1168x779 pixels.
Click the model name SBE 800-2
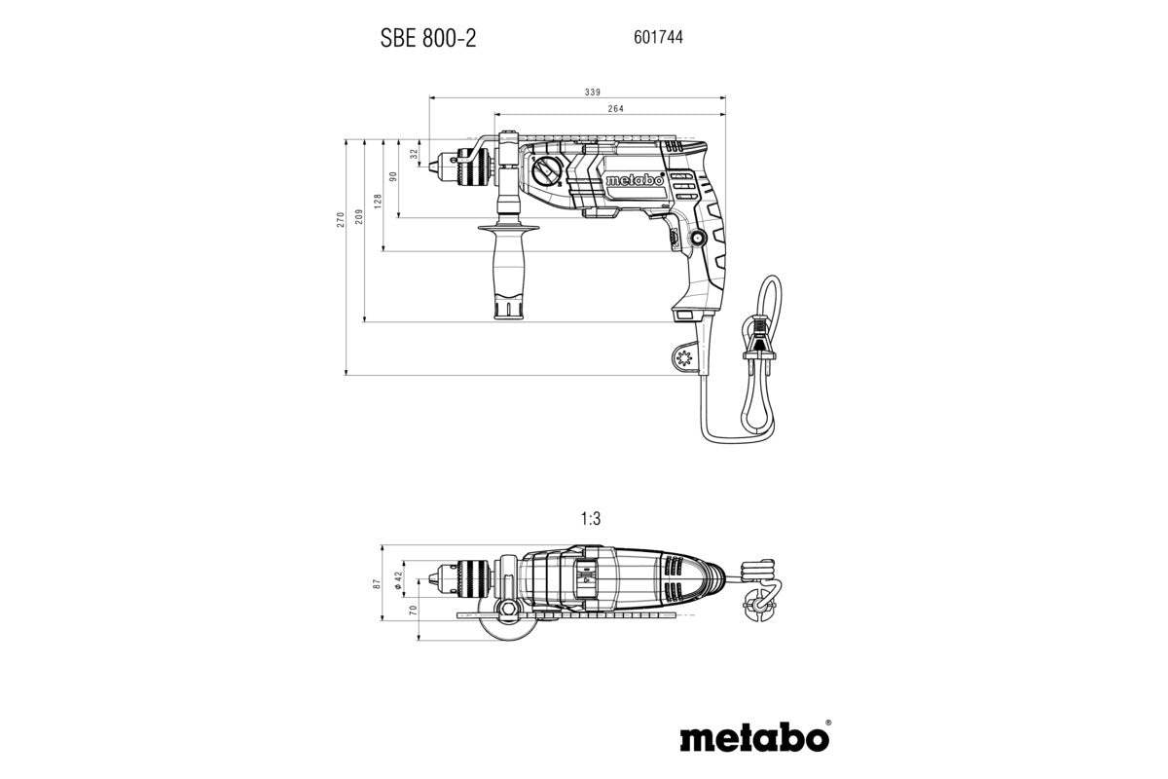(427, 38)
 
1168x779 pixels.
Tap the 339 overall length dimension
(592, 92)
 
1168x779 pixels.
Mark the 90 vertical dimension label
(394, 177)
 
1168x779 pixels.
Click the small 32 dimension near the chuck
(415, 153)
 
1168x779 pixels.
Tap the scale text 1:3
(589, 521)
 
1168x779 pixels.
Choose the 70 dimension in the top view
(412, 612)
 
